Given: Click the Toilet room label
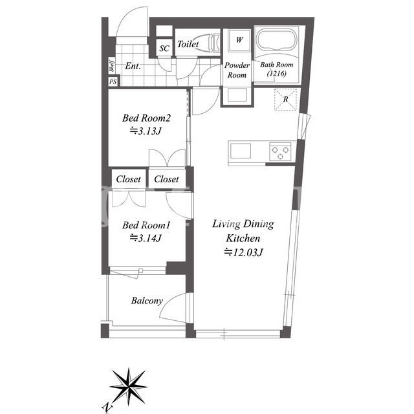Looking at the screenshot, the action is click(188, 44).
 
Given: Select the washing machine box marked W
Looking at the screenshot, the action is click(239, 40).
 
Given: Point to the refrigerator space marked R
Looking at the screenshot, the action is click(286, 99).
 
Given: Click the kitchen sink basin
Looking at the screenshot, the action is click(241, 151).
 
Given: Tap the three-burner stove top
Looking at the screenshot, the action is click(280, 152).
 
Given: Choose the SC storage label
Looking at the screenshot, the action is click(164, 49).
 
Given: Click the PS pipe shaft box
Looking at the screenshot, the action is click(113, 82).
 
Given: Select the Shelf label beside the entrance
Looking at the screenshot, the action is click(112, 65).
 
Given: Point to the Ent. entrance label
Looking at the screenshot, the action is click(133, 66).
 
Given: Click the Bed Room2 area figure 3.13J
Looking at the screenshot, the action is click(146, 131).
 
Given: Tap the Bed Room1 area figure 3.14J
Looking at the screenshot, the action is click(146, 238).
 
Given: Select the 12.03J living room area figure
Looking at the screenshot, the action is click(243, 252).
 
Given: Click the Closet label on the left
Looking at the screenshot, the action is click(128, 179).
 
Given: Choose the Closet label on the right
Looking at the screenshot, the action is click(166, 179).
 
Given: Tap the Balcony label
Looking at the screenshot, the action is click(147, 301).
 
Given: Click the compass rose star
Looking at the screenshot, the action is click(129, 387).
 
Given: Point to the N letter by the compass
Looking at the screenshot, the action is click(107, 408).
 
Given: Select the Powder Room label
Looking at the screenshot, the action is click(237, 70).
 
